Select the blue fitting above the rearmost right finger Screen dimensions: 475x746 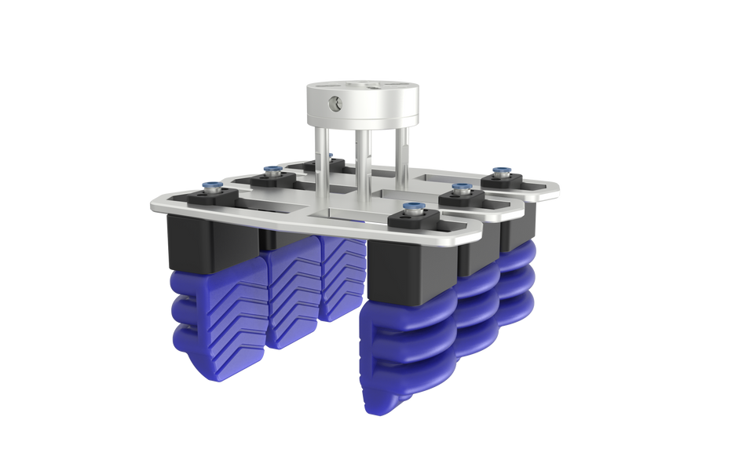pyautogui.click(x=498, y=170)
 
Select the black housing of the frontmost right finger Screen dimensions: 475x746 pyautogui.click(x=404, y=271)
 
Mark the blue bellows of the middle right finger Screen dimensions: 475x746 pyautogui.click(x=479, y=314)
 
